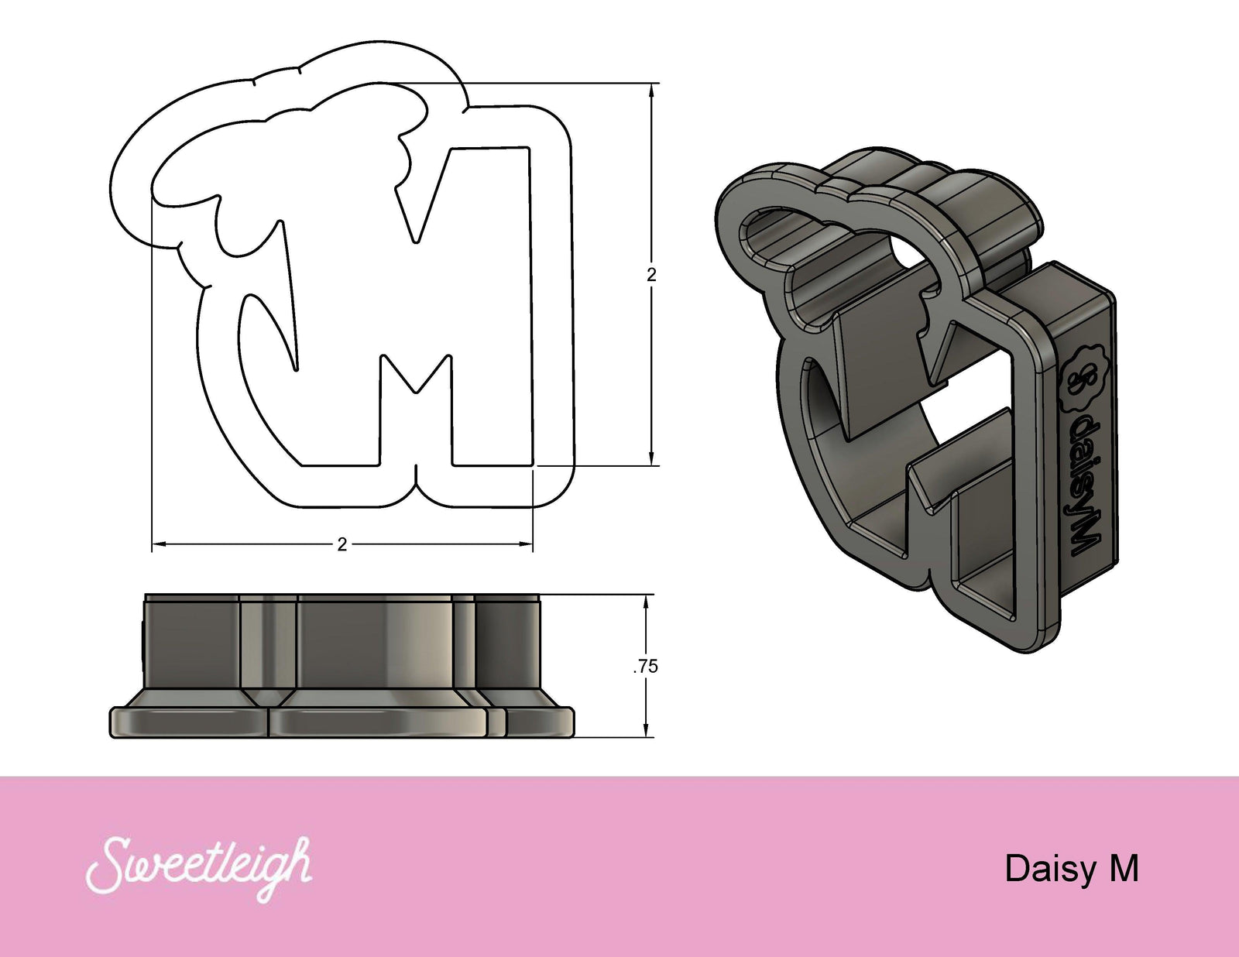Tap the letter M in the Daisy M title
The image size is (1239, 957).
point(1124,868)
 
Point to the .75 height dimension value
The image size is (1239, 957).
point(646,666)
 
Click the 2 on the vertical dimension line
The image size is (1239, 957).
point(651,274)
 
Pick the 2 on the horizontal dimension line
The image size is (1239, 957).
point(342,544)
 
